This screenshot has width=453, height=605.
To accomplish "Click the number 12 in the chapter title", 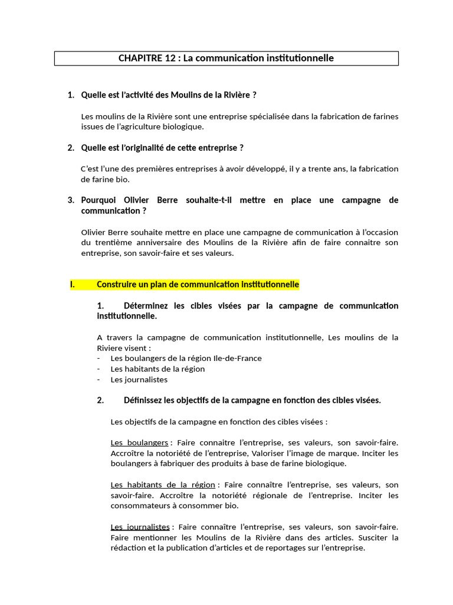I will click(x=168, y=58).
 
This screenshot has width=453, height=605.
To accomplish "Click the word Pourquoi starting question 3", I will click(x=100, y=200).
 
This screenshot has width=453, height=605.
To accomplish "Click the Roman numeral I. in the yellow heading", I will click(x=73, y=284).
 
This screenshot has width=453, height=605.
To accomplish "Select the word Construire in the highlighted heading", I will click(x=117, y=284).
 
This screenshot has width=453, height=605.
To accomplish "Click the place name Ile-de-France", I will click(x=233, y=358).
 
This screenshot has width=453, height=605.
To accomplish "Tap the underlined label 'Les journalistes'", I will click(x=140, y=526).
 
